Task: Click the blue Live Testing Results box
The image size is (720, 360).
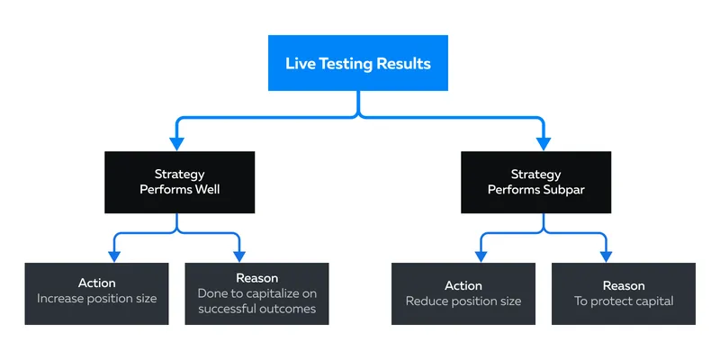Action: click(357, 63)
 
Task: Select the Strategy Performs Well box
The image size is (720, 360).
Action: click(179, 183)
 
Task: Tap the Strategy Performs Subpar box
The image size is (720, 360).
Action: click(535, 183)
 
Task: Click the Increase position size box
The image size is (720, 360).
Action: click(97, 293)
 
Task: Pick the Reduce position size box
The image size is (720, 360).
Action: click(463, 293)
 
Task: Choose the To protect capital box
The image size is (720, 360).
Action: click(624, 293)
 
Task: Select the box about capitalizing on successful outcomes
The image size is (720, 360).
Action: click(256, 293)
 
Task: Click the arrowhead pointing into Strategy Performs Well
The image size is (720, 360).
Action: click(176, 144)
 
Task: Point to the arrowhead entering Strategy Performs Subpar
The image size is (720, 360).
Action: click(544, 144)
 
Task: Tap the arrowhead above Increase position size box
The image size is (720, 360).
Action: click(114, 256)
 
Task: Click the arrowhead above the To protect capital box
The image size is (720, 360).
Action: click(606, 256)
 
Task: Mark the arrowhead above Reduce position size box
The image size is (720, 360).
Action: click(481, 256)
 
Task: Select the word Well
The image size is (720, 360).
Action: click(209, 189)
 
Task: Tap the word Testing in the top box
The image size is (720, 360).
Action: click(346, 64)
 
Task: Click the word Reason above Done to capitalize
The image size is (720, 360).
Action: click(256, 278)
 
